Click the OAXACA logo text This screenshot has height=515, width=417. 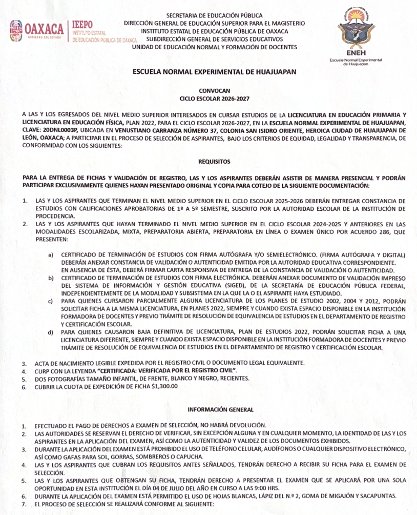46,27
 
